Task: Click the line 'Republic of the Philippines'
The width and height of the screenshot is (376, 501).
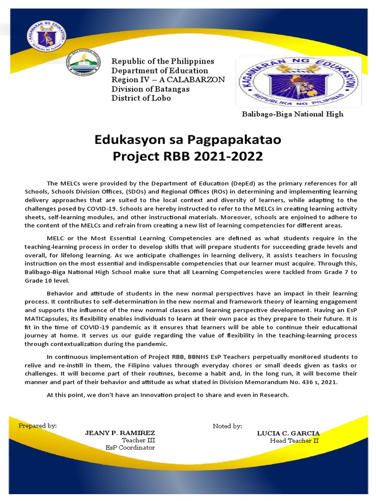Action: [x=163, y=61]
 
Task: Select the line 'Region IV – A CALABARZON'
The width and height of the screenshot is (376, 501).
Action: [x=168, y=80]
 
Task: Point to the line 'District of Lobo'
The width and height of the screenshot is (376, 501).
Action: [x=142, y=98]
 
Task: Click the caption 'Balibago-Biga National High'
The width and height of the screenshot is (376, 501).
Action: [x=292, y=114]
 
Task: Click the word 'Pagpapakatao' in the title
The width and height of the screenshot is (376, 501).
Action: [x=231, y=140]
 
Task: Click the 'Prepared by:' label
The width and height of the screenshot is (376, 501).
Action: [x=38, y=426]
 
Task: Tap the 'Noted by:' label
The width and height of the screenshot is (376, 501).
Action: [x=227, y=426]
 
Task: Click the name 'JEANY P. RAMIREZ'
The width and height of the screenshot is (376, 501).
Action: [x=120, y=433]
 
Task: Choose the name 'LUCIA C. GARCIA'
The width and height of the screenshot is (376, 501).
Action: [x=288, y=433]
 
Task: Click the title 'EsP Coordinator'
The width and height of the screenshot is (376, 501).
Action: [x=130, y=447]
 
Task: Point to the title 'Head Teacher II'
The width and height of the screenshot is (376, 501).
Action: [x=294, y=440]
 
